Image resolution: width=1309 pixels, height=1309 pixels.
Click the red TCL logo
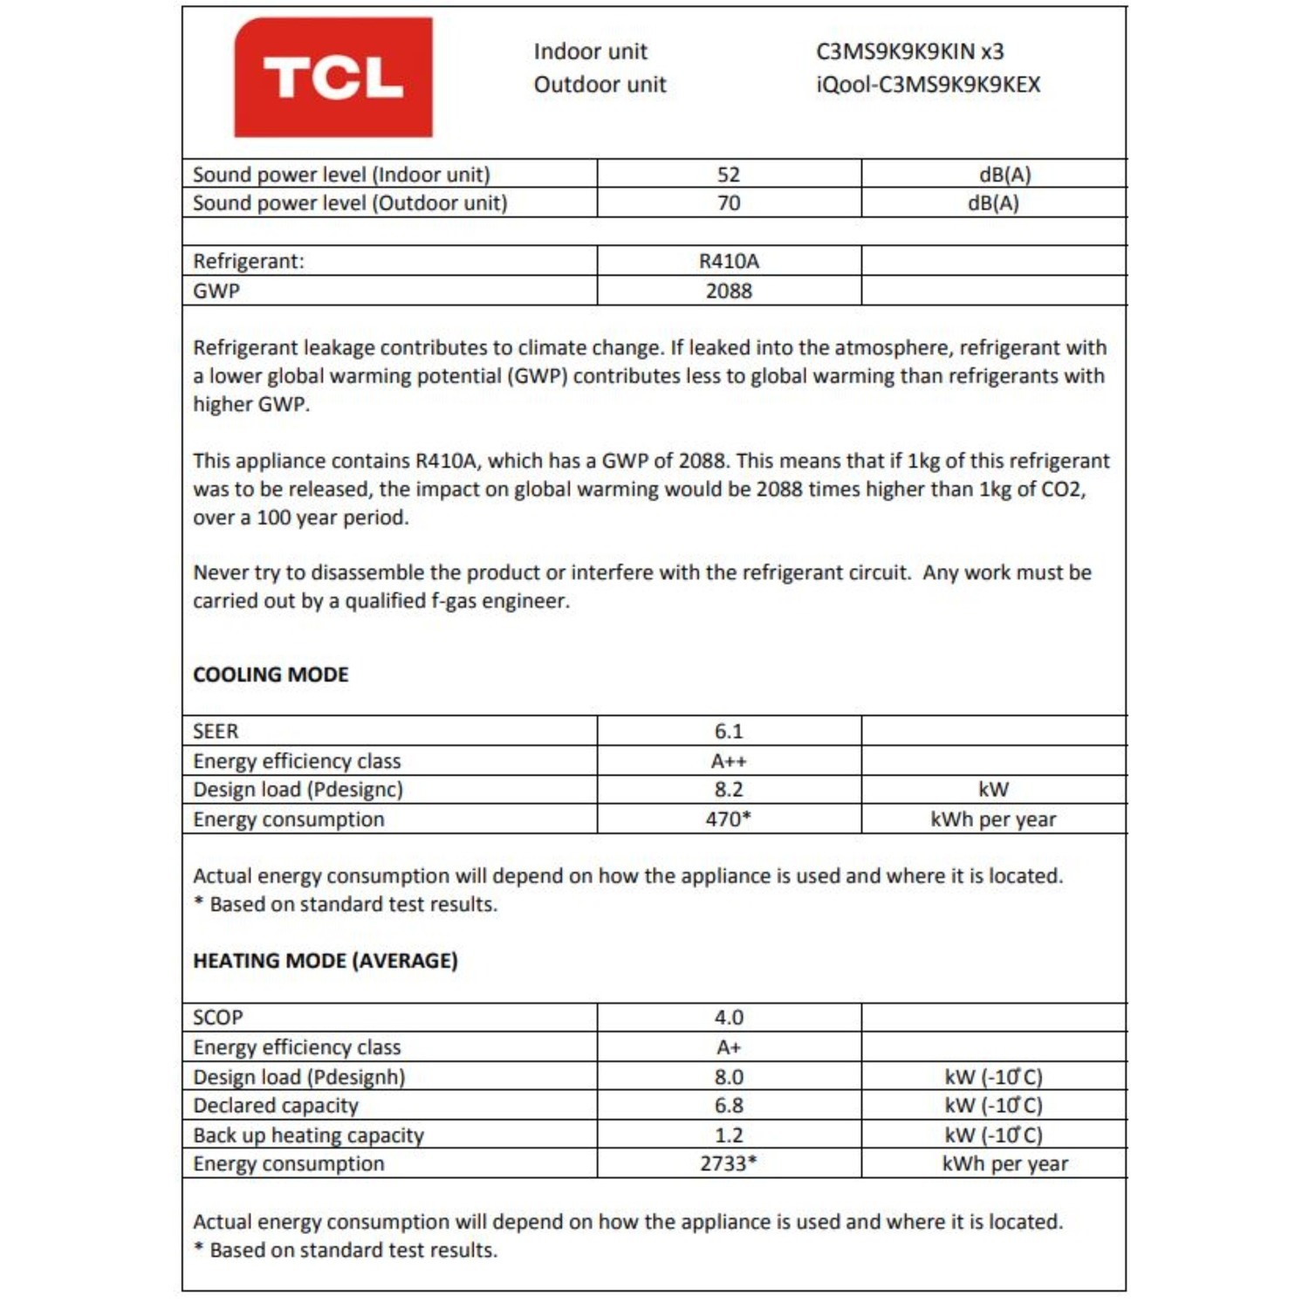(332, 77)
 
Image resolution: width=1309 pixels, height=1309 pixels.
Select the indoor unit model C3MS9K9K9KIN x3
(909, 51)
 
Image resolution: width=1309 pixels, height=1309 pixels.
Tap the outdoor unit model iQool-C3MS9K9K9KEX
(928, 85)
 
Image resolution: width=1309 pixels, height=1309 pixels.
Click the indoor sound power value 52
(729, 175)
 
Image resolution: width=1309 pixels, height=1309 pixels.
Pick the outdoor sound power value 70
(729, 203)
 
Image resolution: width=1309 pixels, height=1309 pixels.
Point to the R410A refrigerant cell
(729, 261)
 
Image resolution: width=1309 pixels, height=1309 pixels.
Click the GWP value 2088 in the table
(729, 291)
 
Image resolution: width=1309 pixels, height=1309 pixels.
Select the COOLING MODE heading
(271, 675)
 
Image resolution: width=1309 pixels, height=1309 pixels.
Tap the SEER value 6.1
(729, 731)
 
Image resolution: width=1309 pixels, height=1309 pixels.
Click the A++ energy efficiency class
(729, 761)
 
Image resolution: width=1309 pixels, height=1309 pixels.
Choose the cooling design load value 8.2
(729, 790)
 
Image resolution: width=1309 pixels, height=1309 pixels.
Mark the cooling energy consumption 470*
(729, 819)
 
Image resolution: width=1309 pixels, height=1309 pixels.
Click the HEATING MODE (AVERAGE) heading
(325, 961)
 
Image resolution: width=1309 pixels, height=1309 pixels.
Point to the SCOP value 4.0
(729, 1018)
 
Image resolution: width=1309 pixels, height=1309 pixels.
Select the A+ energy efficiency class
(729, 1047)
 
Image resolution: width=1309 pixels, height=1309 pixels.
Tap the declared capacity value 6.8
(729, 1106)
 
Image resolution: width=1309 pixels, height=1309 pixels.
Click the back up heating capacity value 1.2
(729, 1135)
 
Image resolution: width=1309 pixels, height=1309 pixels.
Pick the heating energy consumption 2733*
(729, 1164)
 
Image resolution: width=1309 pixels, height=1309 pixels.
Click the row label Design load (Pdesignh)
(298, 1077)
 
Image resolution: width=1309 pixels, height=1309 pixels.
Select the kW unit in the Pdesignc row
(993, 790)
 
